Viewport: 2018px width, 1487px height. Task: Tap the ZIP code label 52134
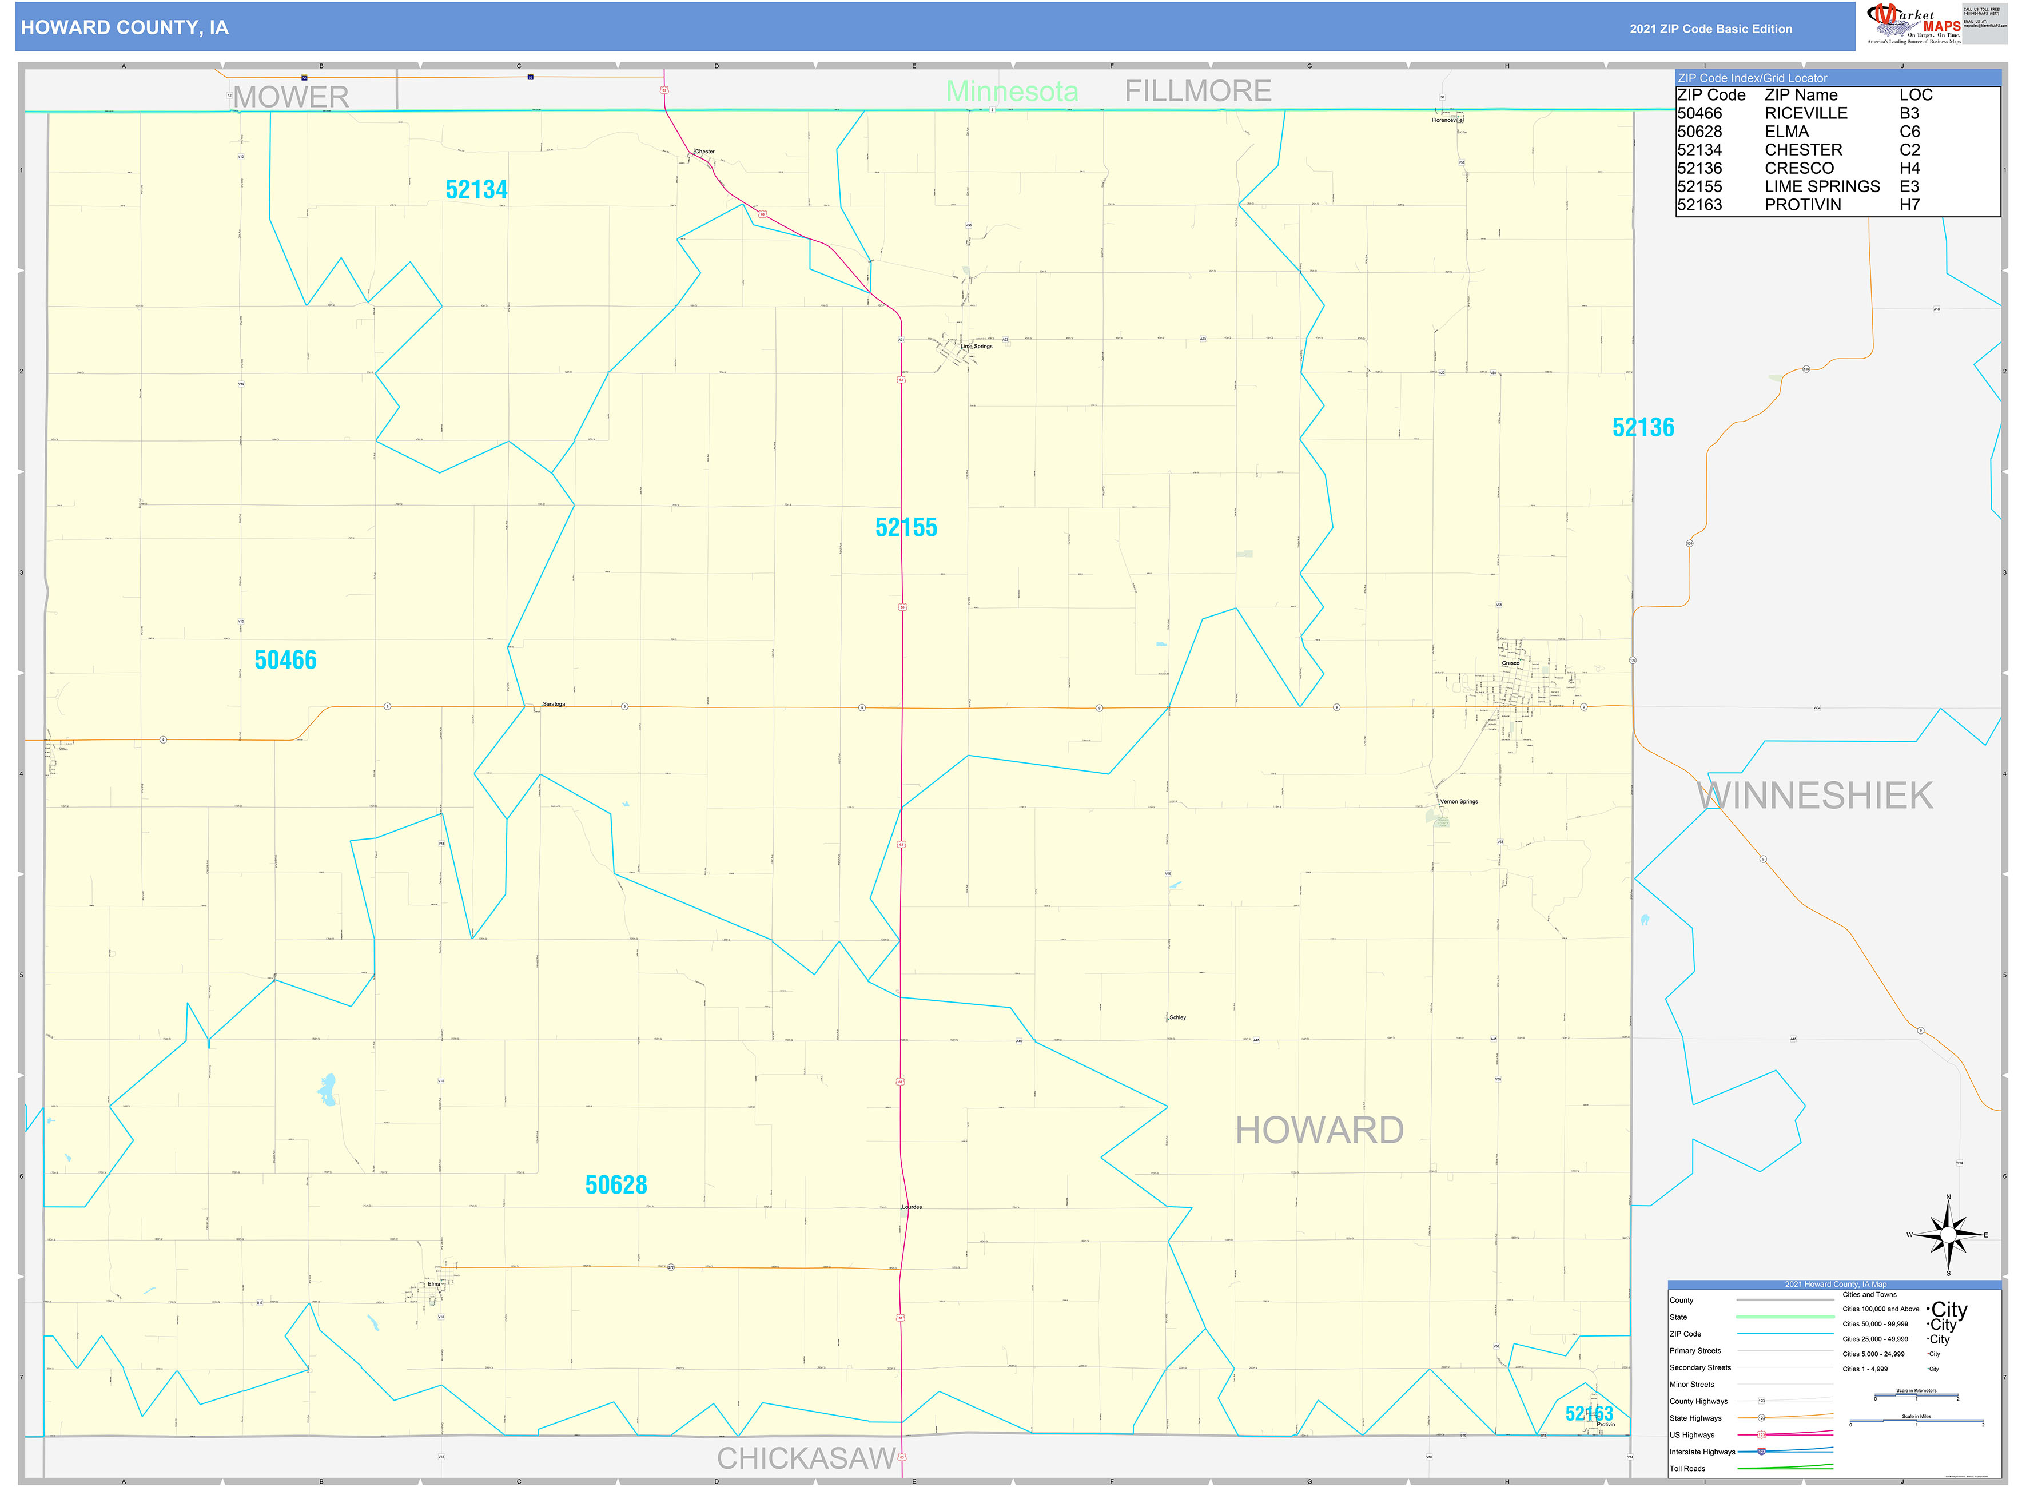(476, 190)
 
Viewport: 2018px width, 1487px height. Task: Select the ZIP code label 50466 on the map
(285, 661)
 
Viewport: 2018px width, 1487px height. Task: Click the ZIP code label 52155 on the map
(905, 527)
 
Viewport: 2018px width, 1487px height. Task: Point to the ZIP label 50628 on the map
(616, 1186)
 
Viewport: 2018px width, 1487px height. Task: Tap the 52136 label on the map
(1643, 428)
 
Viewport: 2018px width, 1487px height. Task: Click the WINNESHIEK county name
(1814, 796)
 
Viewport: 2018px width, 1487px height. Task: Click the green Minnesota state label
(1012, 91)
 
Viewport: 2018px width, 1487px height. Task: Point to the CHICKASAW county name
(806, 1458)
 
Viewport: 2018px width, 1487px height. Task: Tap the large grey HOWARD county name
(1319, 1131)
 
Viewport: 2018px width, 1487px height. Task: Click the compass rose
(1947, 1235)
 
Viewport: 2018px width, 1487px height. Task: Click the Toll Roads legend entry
(1687, 1469)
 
